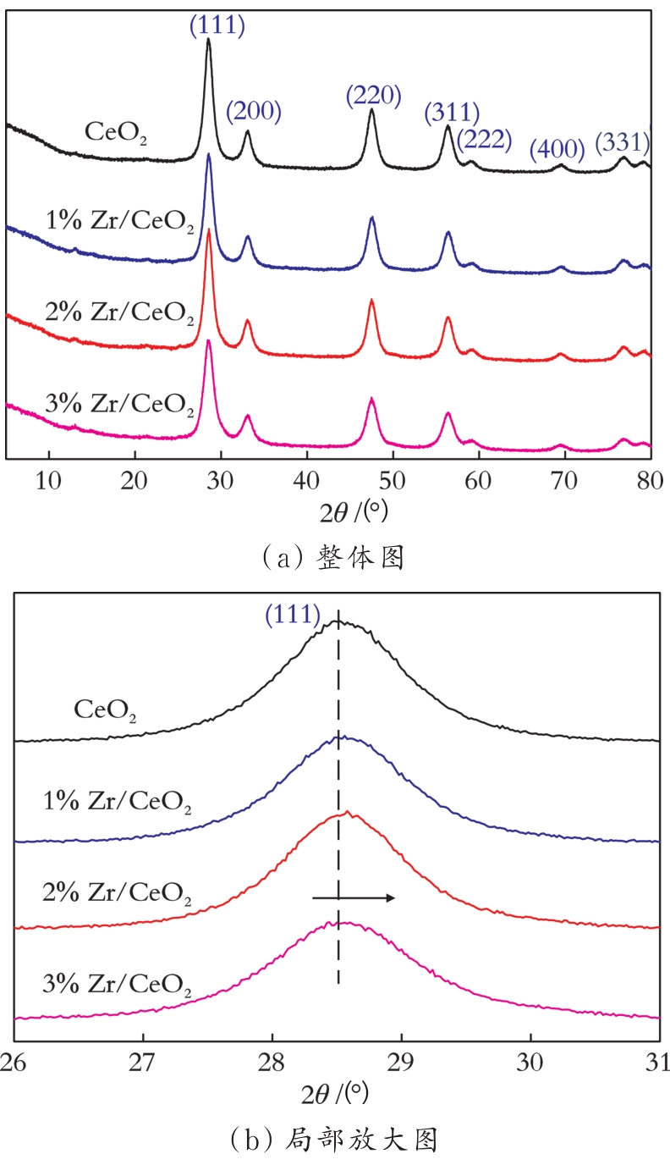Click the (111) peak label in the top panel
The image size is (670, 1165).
[x=217, y=27]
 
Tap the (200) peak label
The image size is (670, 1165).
[x=254, y=111]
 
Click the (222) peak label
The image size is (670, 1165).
[x=486, y=138]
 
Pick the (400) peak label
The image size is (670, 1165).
[x=557, y=150]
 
